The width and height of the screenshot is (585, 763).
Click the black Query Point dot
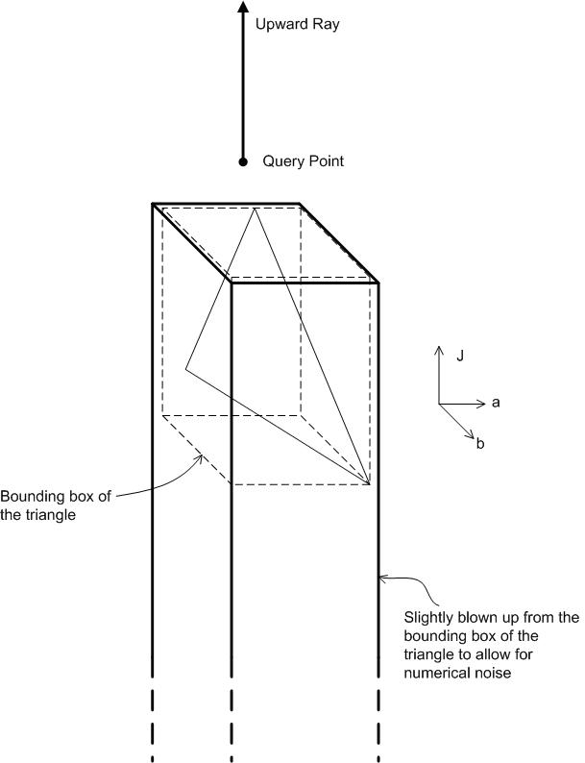pos(243,161)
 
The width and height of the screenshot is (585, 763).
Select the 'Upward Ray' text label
pos(297,24)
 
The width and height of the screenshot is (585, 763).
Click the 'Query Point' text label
pos(303,161)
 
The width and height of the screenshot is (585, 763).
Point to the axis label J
pos(461,356)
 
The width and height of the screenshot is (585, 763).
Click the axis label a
pos(496,403)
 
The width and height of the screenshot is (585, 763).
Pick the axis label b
pos(481,443)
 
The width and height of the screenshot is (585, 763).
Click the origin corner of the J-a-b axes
pos(439,403)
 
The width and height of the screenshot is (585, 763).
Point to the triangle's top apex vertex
pos(255,209)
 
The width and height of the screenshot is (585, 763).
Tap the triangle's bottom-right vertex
pos(371,483)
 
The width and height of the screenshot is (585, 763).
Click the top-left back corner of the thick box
pos(153,204)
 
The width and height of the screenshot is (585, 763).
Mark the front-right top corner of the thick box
pos(378,282)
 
